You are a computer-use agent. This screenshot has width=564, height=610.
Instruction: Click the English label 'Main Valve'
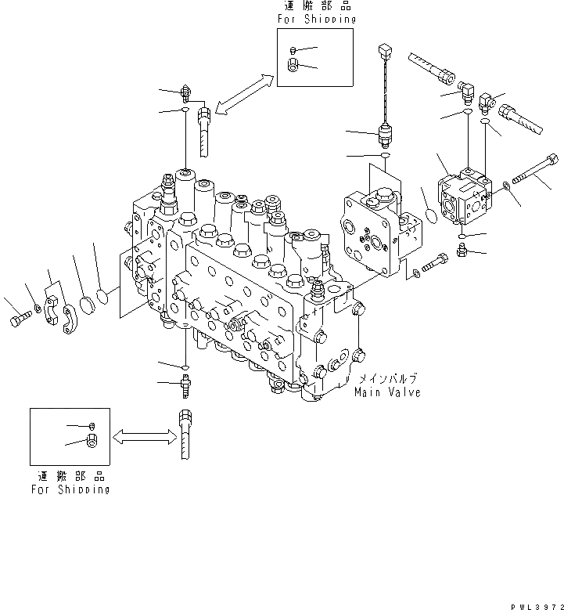(x=387, y=392)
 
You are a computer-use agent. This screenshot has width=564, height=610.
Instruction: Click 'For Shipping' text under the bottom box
(x=70, y=489)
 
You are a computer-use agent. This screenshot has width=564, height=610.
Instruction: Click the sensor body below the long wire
(x=385, y=135)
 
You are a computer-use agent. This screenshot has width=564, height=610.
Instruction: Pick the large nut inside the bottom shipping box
(x=92, y=443)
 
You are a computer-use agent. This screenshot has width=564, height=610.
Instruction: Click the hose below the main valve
(x=184, y=435)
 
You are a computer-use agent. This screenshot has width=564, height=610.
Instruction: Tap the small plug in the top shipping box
(x=290, y=49)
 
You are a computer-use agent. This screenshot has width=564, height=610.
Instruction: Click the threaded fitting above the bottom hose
(x=185, y=384)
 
